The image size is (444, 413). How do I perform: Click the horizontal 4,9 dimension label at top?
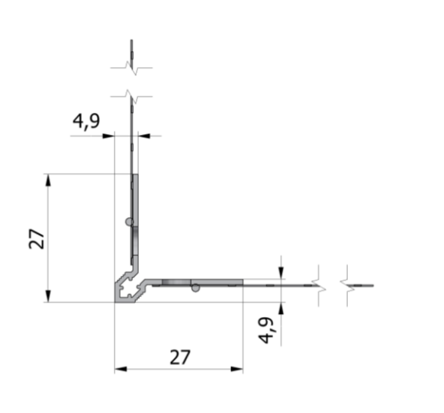85,122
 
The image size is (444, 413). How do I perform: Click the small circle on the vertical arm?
130,222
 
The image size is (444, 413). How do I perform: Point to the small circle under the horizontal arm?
195,287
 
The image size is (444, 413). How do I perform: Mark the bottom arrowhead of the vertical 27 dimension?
48,296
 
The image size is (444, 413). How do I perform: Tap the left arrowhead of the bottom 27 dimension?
120,370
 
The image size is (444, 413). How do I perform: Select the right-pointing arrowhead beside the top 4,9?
109,136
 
